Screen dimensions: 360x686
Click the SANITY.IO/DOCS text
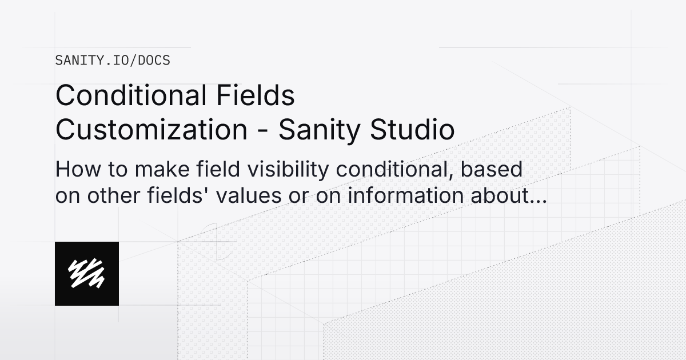coord(113,60)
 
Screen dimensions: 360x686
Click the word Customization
coord(150,130)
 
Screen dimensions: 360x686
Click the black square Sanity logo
coord(87,274)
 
